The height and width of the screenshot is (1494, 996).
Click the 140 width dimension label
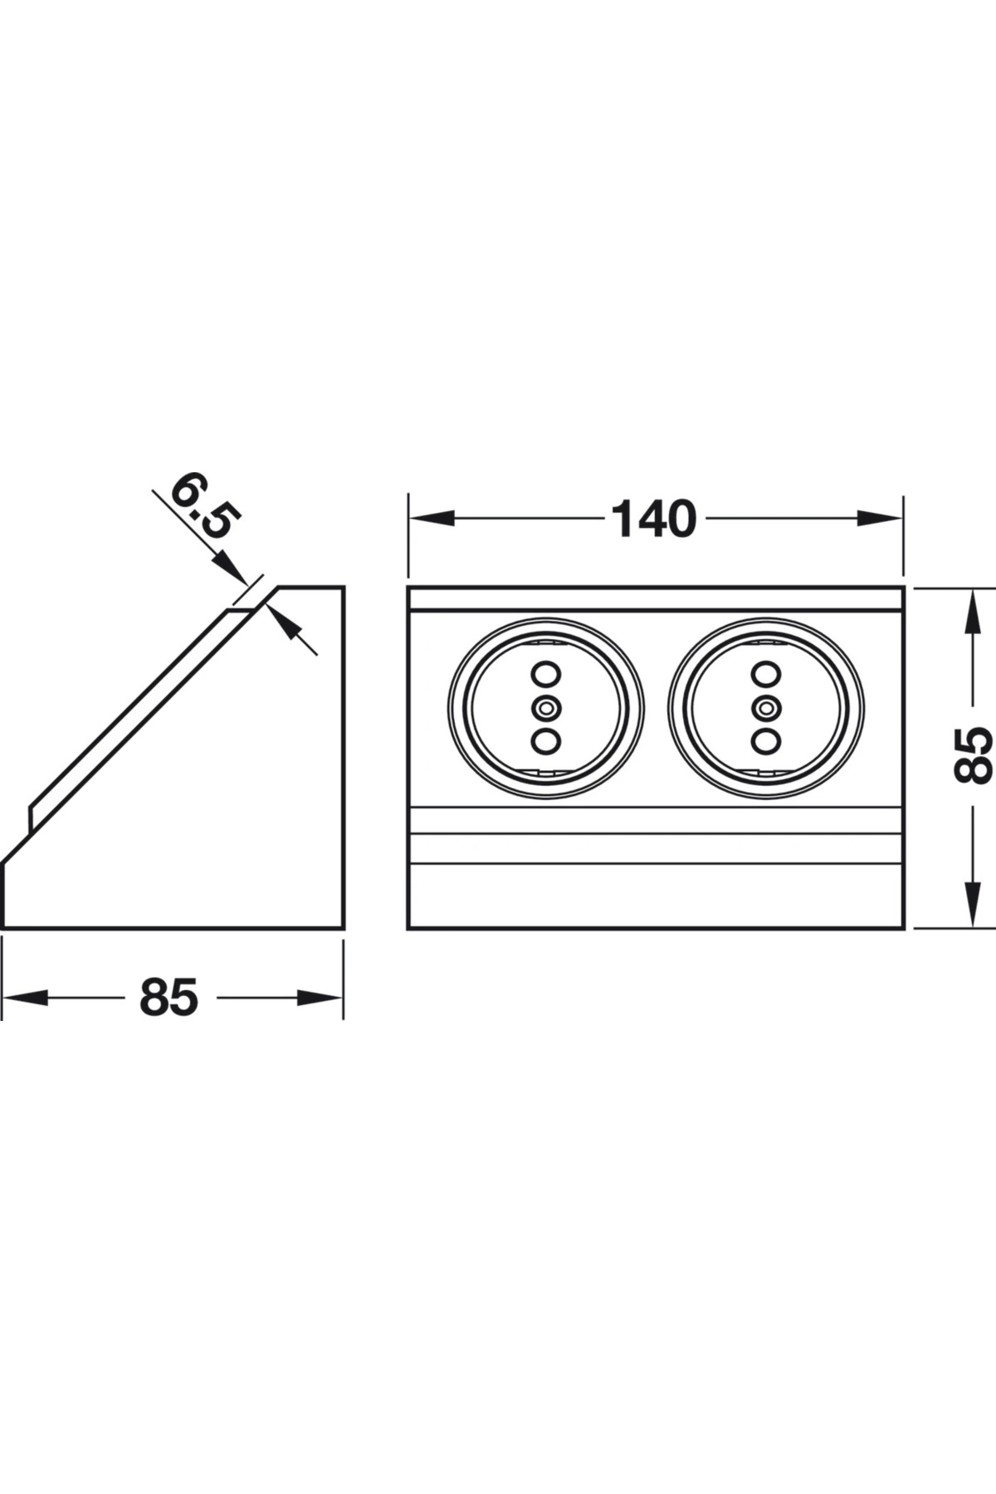point(653,519)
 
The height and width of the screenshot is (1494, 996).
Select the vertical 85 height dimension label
point(972,755)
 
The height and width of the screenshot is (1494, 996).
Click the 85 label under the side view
point(169,997)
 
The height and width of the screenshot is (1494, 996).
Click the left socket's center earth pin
point(545,708)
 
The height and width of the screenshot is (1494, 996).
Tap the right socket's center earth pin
point(764,708)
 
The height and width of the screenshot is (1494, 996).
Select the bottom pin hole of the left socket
point(545,740)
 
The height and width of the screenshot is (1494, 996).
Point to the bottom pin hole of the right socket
point(764,740)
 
